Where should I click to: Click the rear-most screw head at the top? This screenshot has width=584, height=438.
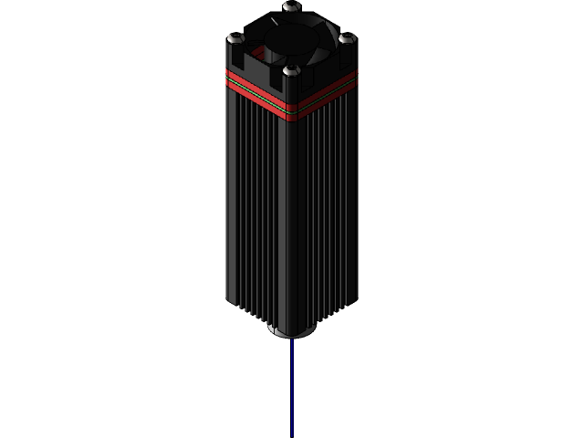[291, 6]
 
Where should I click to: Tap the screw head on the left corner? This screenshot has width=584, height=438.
[236, 37]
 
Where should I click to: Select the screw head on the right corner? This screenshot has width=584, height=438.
[347, 37]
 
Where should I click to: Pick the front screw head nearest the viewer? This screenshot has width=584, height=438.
[291, 69]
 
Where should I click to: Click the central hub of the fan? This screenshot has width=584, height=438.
[292, 37]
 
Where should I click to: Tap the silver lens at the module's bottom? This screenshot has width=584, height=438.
[292, 331]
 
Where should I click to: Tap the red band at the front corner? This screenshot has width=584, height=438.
[292, 109]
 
